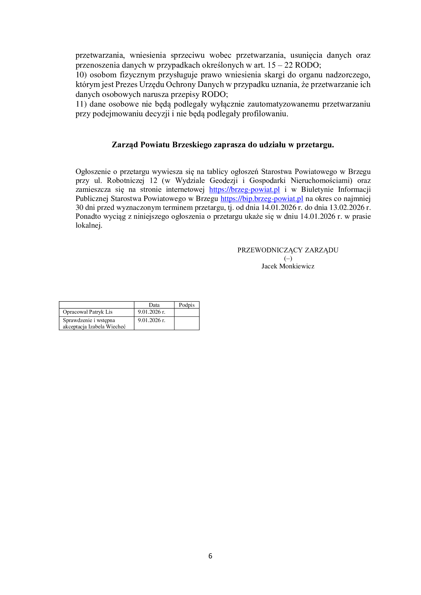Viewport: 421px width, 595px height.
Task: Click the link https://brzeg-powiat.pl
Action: [x=244, y=190]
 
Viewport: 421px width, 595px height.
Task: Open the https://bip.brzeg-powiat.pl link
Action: [x=262, y=198]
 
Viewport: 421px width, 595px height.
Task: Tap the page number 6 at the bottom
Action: [x=210, y=556]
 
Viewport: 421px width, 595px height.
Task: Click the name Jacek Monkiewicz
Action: [x=288, y=266]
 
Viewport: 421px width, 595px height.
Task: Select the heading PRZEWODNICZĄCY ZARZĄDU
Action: [x=288, y=250]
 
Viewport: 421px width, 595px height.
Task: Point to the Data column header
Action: [x=154, y=305]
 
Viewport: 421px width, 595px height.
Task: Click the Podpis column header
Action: [x=187, y=305]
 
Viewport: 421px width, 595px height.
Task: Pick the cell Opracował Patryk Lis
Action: [x=88, y=312]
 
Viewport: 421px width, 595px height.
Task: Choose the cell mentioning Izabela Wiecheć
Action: [x=94, y=323]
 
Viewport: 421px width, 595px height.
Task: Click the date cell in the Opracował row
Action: [x=151, y=312]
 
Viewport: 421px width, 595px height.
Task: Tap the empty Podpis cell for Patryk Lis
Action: [x=187, y=312]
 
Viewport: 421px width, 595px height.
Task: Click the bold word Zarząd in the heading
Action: [x=125, y=144]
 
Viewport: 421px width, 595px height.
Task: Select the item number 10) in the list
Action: [x=81, y=75]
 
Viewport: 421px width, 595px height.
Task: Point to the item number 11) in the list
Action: [x=81, y=104]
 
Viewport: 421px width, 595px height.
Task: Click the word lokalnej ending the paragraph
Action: [x=89, y=225]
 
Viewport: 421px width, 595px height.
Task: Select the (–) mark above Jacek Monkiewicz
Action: [x=288, y=258]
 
